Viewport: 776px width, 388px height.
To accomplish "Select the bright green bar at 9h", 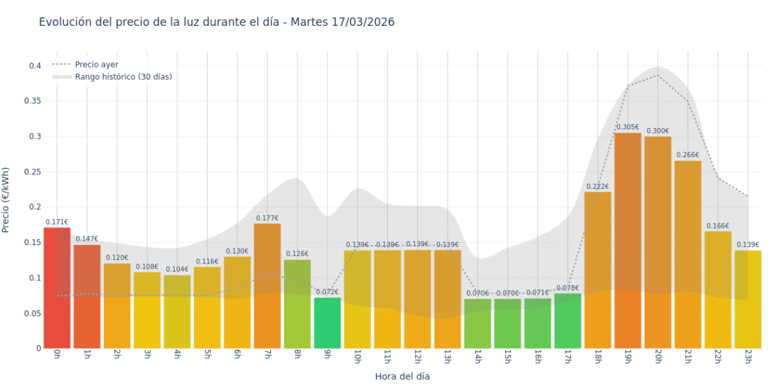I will pos(327,323).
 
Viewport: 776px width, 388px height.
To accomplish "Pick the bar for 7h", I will pos(268,286).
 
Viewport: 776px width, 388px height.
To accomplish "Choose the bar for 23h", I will pos(747,300).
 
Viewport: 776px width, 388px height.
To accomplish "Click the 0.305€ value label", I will pos(628,127).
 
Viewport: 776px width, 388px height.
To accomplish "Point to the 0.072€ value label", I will pos(327,292).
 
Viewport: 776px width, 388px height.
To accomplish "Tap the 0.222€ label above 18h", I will pos(598,187).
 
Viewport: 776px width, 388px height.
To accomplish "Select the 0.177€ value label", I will pos(268,218).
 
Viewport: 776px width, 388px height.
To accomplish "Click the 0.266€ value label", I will pos(688,155).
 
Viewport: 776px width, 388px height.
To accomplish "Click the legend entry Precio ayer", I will pos(96,65).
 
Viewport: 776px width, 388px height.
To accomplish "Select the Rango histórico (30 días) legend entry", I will pos(123,77).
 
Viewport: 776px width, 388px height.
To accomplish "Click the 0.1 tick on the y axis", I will pos(35,278).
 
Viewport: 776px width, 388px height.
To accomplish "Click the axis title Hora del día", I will pos(402,376).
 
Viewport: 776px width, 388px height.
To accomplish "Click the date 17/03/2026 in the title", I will pos(363,22).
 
